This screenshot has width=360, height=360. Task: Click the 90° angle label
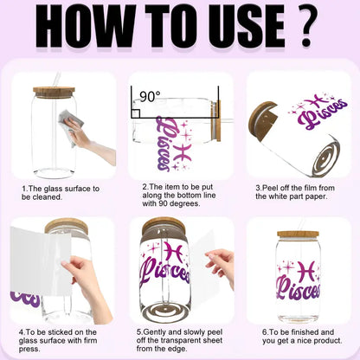pos(150,96)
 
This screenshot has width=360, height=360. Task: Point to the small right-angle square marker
pos(136,113)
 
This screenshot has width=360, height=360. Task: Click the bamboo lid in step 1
pos(54,93)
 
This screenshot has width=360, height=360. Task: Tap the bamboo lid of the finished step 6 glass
pos(298,235)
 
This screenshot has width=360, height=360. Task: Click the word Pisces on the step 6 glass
pos(299,288)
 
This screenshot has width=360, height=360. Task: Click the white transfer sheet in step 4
pos(41,261)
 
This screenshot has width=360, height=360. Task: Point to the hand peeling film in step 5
pos(220,267)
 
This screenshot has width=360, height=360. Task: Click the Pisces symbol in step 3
pos(318,101)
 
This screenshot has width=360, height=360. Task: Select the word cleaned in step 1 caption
pos(48,197)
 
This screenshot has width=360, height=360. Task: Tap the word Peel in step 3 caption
pos(269,189)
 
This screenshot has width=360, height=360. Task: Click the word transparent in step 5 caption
pos(181,340)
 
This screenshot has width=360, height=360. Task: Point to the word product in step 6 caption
pos(328,341)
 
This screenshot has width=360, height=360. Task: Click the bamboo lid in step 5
pos(164,223)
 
